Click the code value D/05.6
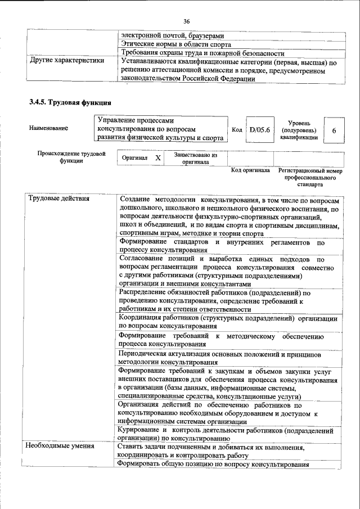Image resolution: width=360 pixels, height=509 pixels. click(x=260, y=130)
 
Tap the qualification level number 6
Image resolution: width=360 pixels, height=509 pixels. click(x=334, y=130)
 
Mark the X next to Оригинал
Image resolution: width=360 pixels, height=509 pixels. click(x=158, y=159)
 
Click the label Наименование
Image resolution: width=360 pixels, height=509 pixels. click(x=48, y=128)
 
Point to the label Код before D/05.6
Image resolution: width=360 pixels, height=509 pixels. click(x=237, y=130)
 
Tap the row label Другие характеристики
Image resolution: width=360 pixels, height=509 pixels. click(x=64, y=61)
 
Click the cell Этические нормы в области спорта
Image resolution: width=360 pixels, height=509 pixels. click(x=175, y=44)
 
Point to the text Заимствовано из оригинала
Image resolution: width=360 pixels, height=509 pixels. click(x=195, y=158)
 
